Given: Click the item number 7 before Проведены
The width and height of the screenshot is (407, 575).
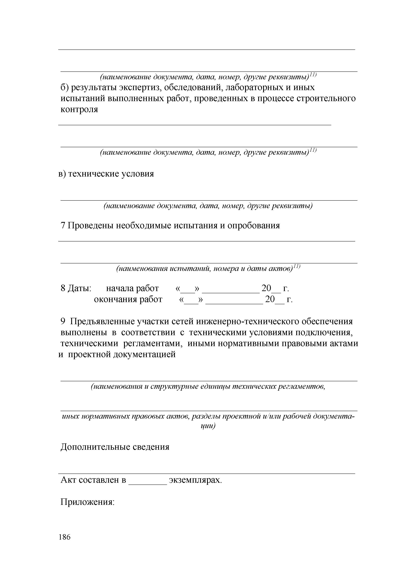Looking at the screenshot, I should point(63,226).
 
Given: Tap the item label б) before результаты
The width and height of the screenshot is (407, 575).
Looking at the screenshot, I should point(65,88).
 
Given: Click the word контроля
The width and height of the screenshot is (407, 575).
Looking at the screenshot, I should point(79,109).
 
